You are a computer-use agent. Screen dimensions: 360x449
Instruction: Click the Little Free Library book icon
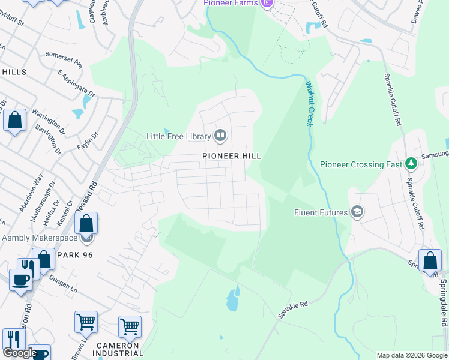click(220, 136)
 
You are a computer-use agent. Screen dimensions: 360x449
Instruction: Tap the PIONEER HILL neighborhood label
click(232, 156)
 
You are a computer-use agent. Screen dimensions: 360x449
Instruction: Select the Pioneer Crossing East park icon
click(411, 164)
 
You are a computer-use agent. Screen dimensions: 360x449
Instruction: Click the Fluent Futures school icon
click(357, 212)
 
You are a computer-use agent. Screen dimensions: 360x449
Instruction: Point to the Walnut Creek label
click(309, 104)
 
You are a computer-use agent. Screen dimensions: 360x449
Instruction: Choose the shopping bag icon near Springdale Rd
click(430, 261)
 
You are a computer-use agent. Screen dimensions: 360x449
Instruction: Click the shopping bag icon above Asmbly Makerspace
click(86, 224)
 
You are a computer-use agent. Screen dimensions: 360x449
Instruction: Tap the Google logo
click(20, 353)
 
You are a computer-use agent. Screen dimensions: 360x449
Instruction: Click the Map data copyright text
click(411, 355)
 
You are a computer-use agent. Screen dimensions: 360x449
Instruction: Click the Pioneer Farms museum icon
click(268, 4)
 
